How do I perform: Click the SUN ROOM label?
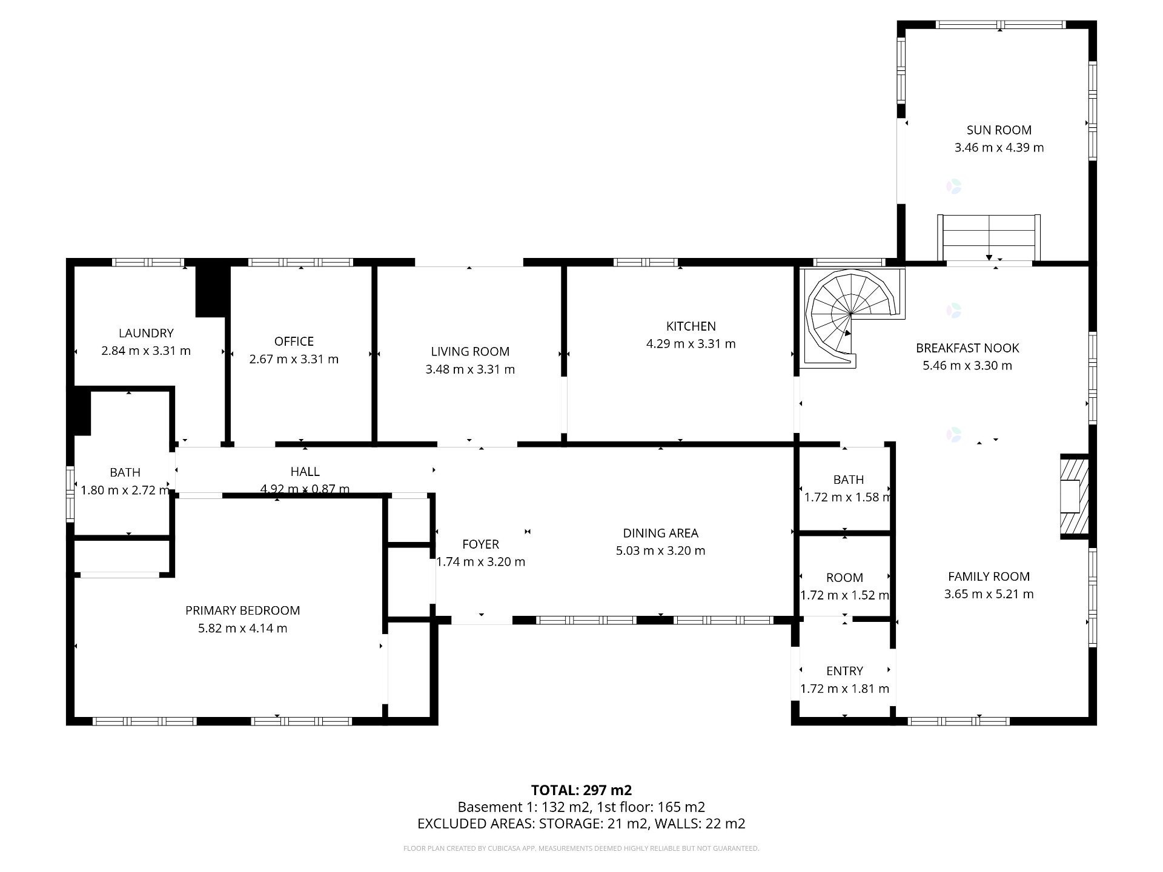[x=999, y=130]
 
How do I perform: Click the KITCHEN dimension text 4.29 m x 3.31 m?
[x=691, y=344]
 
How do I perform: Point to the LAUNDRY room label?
[x=146, y=333]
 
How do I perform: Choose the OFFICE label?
[x=294, y=342]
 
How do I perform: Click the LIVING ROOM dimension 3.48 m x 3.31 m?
[x=470, y=369]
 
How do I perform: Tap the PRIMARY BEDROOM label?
[x=242, y=610]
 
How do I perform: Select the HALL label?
[x=305, y=472]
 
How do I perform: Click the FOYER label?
[x=480, y=544]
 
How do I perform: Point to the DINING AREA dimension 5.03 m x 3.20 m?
[x=660, y=551]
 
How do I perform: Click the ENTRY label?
[x=844, y=671]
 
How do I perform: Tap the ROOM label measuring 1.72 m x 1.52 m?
[x=844, y=578]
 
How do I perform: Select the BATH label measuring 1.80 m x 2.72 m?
[x=125, y=472]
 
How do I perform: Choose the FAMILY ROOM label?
[x=989, y=576]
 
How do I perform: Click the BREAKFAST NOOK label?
[x=967, y=348]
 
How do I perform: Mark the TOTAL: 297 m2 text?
[x=581, y=790]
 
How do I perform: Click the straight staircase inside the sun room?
[x=989, y=237]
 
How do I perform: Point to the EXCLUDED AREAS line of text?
[x=581, y=824]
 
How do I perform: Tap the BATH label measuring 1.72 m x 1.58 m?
[x=848, y=480]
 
